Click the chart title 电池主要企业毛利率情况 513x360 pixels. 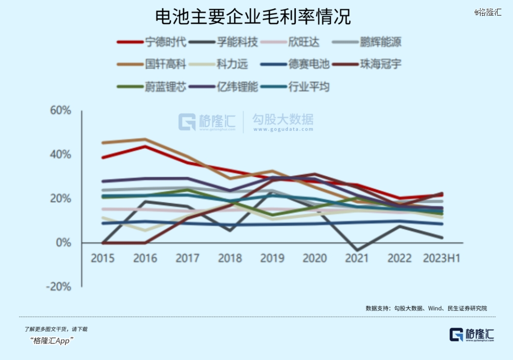point(253,18)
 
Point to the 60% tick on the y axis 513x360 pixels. point(61,110)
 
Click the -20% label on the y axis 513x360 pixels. point(59,287)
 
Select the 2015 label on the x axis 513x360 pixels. point(103,258)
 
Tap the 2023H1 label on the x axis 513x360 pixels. point(441,258)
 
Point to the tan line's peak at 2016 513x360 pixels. point(145,140)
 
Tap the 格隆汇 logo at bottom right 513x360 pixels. point(472,334)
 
